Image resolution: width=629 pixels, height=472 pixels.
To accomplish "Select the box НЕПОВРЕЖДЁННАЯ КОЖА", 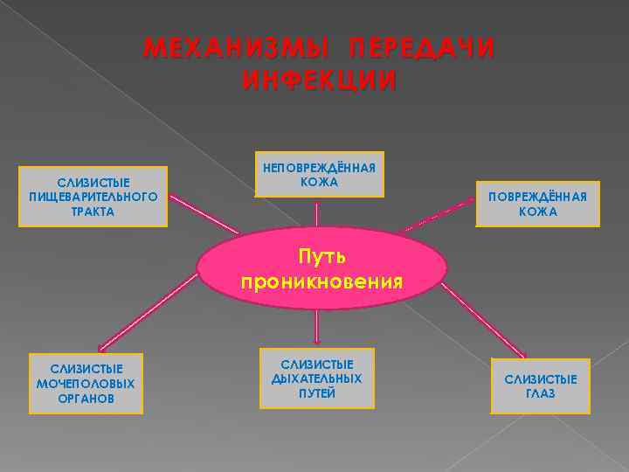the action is point(319,175).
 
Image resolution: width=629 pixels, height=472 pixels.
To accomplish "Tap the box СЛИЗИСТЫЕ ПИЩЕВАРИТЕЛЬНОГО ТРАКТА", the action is point(93,197).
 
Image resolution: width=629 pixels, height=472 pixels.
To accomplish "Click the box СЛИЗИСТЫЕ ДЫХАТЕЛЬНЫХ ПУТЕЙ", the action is point(316,378).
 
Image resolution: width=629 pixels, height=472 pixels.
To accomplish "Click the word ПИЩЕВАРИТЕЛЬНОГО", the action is point(93,197).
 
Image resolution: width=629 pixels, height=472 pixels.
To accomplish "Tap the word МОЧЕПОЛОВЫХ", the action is point(86,384).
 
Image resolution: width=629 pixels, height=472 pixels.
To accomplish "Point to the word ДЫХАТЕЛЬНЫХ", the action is point(316,378).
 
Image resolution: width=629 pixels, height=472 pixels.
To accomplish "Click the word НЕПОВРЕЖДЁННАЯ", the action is point(319,168).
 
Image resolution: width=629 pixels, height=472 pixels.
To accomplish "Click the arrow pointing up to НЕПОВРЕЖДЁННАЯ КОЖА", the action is point(317,214).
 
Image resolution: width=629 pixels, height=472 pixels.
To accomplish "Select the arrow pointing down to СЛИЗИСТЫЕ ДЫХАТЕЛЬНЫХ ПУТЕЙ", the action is point(317,327).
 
